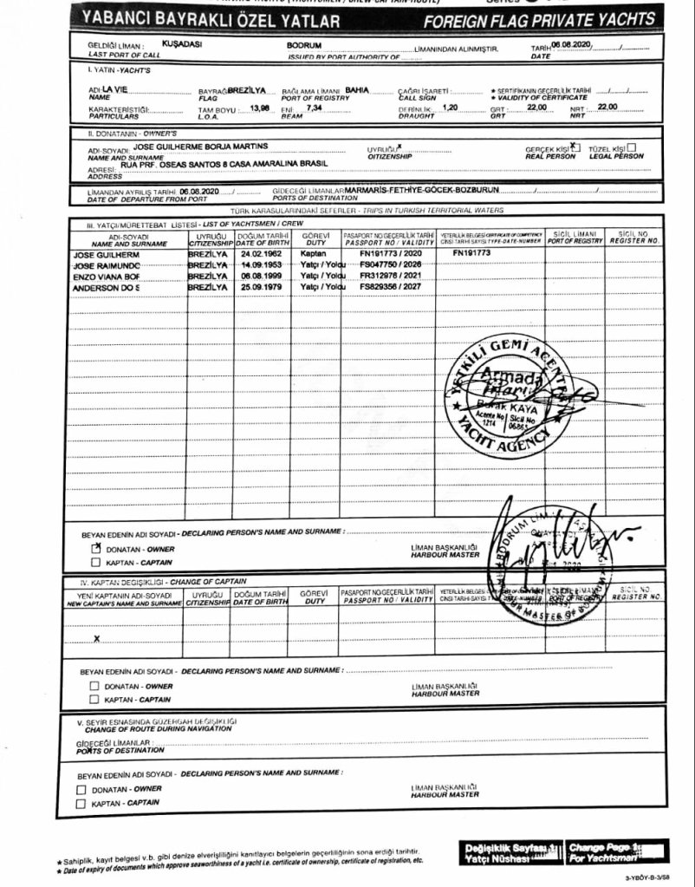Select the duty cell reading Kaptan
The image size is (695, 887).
[x=314, y=252]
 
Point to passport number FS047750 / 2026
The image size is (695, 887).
[x=387, y=264]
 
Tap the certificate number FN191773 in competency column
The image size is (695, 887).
[x=471, y=252]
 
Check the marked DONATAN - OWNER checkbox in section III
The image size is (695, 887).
[x=96, y=548]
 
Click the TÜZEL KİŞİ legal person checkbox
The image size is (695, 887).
[x=632, y=148]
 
